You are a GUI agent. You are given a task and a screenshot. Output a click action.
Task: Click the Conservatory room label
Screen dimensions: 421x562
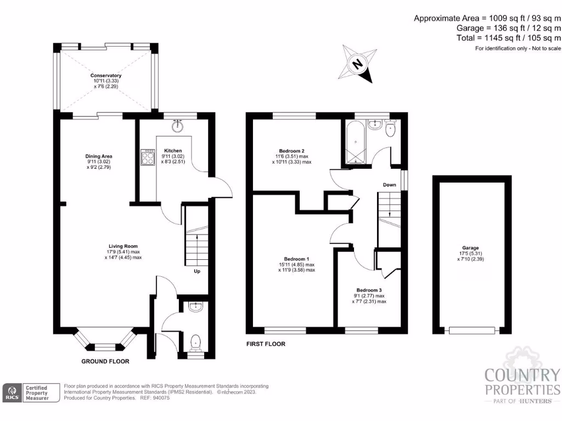tap(106, 76)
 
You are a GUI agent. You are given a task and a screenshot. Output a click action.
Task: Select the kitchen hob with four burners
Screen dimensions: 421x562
tap(148, 158)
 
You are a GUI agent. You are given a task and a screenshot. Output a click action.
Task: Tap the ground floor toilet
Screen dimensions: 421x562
tap(195, 343)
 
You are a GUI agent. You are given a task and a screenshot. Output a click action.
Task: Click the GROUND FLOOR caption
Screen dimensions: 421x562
tap(105, 362)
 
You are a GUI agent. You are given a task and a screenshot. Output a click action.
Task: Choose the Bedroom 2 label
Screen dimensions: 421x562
tap(292, 151)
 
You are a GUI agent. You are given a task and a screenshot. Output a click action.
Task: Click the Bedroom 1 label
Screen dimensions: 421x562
tap(297, 259)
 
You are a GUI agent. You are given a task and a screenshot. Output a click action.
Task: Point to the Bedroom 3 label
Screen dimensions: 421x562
tap(368, 290)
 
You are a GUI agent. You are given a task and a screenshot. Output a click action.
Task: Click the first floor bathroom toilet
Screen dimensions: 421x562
tap(391, 130)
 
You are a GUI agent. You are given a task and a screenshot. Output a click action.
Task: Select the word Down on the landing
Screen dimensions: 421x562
tap(390, 185)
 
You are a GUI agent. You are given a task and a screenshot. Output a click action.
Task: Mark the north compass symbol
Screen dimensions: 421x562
tap(359, 64)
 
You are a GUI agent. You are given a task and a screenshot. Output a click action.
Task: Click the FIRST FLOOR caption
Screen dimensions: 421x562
tap(266, 344)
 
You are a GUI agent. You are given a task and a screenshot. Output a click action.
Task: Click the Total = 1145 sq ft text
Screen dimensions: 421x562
tap(509, 38)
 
